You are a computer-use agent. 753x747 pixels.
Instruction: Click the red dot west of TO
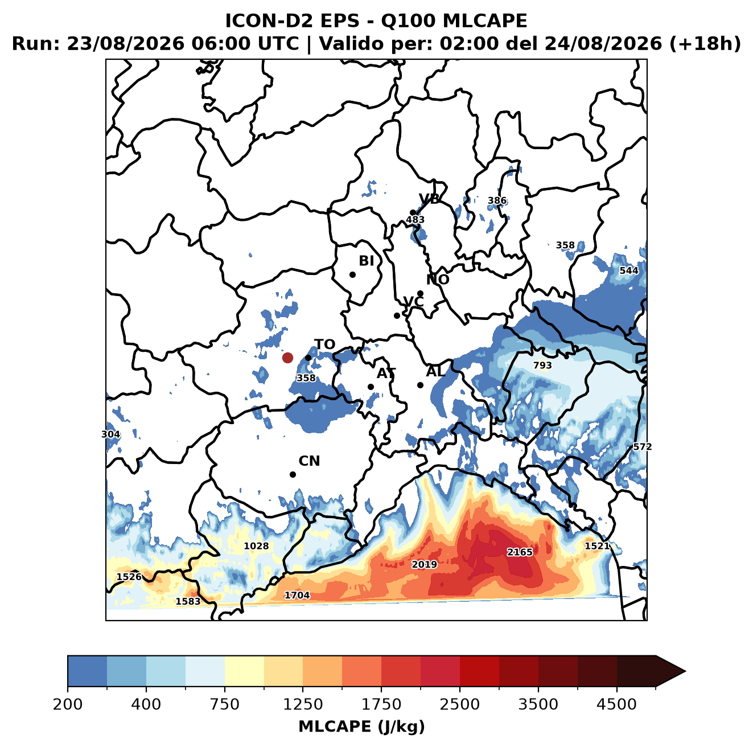(x=287, y=358)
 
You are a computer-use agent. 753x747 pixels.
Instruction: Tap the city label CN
(x=309, y=461)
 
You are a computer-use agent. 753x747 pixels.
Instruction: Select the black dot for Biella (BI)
(x=352, y=275)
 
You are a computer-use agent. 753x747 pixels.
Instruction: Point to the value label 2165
(x=519, y=552)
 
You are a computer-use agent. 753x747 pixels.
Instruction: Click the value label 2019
(x=424, y=564)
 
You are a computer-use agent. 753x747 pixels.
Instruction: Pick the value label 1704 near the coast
(x=297, y=596)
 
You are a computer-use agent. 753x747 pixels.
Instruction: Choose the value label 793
(x=542, y=366)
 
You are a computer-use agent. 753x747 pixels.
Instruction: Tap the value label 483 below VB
(x=415, y=220)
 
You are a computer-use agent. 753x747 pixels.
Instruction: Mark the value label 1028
(x=256, y=546)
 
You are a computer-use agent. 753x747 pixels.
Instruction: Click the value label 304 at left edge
(x=110, y=434)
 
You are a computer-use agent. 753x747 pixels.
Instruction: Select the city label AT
(x=386, y=373)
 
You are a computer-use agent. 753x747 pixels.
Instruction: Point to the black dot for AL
(x=420, y=385)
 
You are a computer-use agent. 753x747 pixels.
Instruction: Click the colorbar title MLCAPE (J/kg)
(x=361, y=727)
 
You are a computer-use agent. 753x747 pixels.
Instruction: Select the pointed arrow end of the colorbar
(x=685, y=671)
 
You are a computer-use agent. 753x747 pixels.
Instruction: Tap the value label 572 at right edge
(x=642, y=446)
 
